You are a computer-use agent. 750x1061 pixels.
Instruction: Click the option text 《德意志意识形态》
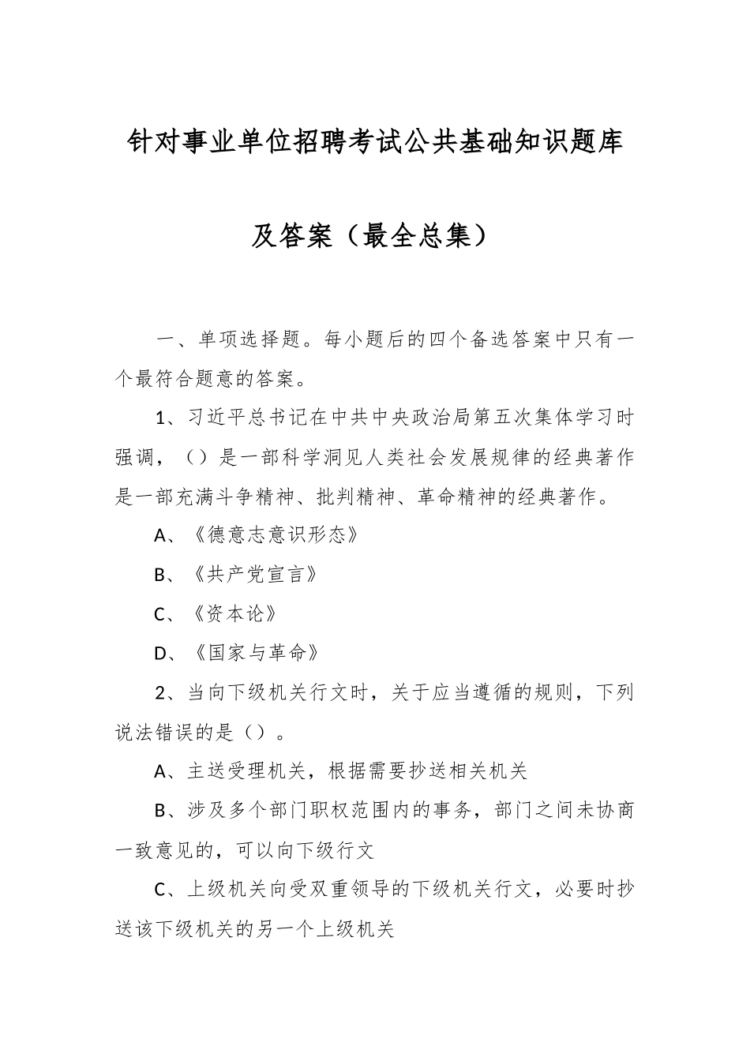276,535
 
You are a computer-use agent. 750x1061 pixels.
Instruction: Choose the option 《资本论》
234,614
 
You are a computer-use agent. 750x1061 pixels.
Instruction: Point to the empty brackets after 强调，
195,457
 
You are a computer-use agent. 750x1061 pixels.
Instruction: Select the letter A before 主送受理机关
161,772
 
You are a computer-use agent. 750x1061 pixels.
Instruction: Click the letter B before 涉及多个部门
161,812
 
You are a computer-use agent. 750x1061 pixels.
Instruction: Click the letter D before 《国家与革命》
162,654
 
